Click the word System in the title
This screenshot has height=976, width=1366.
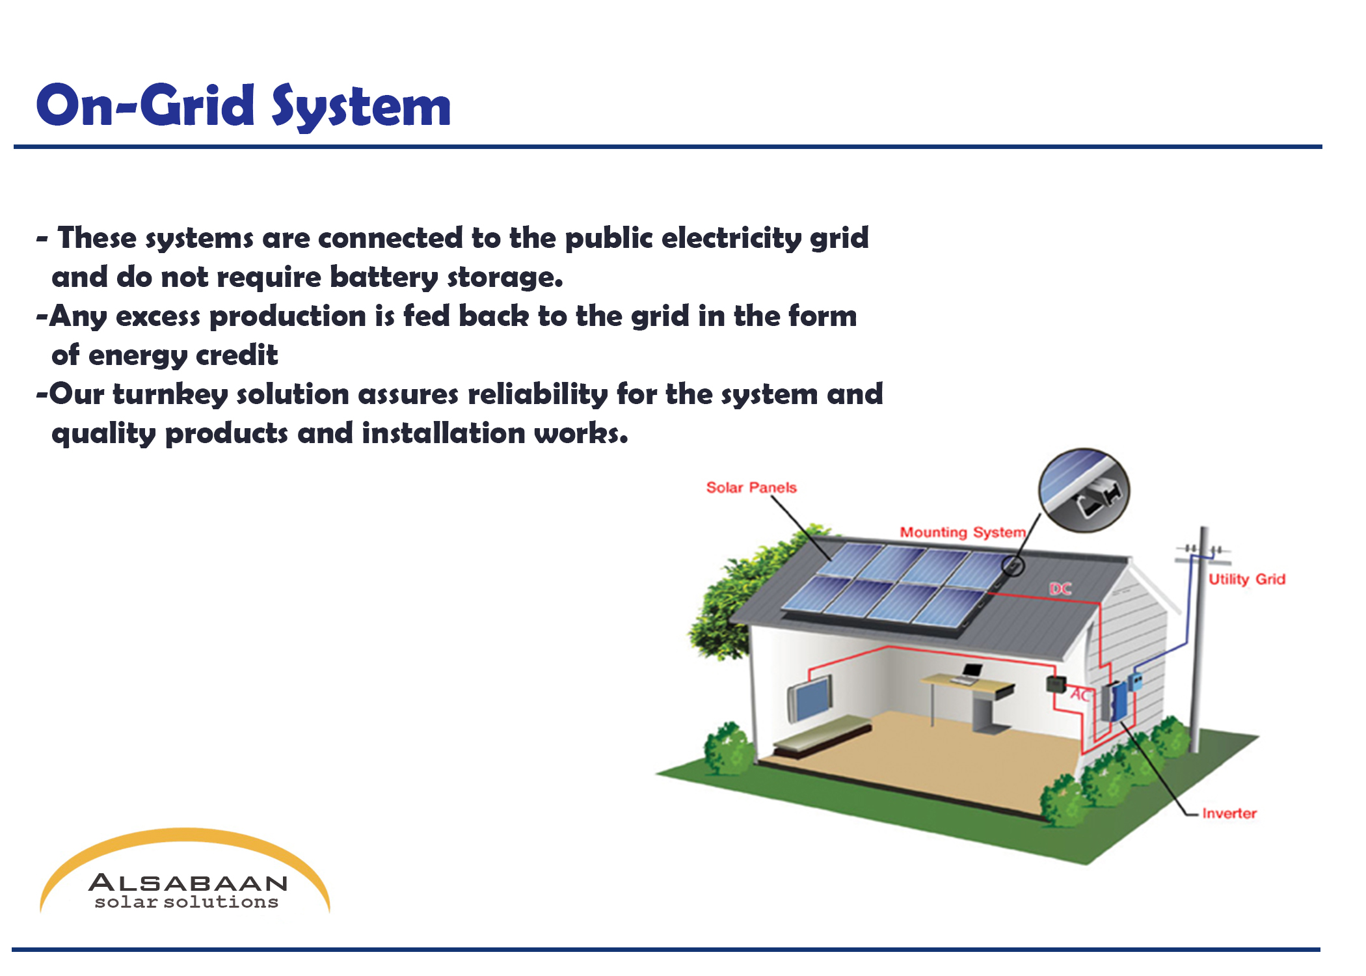[361, 107]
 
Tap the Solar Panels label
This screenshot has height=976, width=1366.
[751, 487]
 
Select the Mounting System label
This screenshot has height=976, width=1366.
[963, 532]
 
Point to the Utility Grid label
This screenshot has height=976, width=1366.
[1247, 579]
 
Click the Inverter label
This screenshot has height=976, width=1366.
[1229, 813]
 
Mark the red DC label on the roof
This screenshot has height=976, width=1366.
[1060, 589]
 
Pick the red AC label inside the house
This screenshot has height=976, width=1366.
[1080, 695]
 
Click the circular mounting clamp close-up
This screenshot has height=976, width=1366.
[1084, 490]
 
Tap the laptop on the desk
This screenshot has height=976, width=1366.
[969, 673]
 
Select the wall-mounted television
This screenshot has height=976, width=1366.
[810, 698]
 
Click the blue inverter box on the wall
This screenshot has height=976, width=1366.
[1119, 701]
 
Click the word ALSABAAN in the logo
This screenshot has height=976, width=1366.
[188, 883]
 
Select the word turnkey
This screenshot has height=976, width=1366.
[170, 395]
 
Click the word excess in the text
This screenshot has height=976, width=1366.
[158, 317]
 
